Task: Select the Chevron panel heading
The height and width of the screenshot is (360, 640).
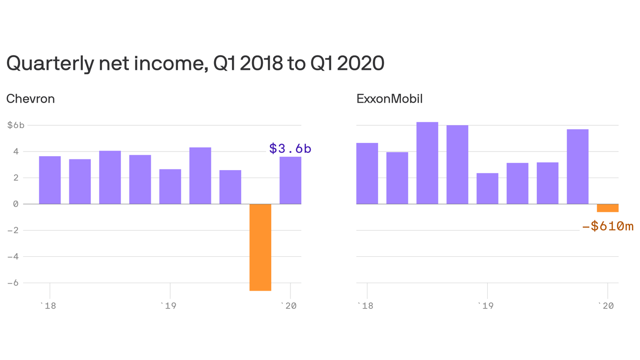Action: point(30,99)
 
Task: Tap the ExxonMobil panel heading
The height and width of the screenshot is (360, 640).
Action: point(389,99)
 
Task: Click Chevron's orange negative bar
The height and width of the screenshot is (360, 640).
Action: point(260,247)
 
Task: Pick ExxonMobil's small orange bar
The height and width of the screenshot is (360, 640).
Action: point(607,208)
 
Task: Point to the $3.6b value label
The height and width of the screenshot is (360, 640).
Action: point(290,149)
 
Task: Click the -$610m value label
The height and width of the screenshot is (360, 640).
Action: point(607,226)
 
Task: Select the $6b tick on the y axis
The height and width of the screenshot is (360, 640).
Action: point(15,125)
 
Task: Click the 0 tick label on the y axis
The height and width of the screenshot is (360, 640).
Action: point(15,204)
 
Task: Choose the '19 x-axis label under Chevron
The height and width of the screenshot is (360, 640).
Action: point(170,306)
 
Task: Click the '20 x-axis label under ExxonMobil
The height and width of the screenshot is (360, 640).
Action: point(607,306)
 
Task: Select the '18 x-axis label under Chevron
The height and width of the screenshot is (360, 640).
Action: point(49,306)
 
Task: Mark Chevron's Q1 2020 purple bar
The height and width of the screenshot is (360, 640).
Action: point(290,180)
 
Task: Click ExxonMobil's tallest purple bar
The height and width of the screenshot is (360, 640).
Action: point(427,163)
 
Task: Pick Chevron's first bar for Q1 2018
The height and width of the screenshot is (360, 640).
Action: point(50,180)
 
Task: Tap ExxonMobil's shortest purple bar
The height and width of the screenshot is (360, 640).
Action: point(487,188)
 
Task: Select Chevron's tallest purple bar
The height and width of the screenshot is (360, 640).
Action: point(200,176)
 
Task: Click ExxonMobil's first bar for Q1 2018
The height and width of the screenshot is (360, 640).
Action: point(367,173)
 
